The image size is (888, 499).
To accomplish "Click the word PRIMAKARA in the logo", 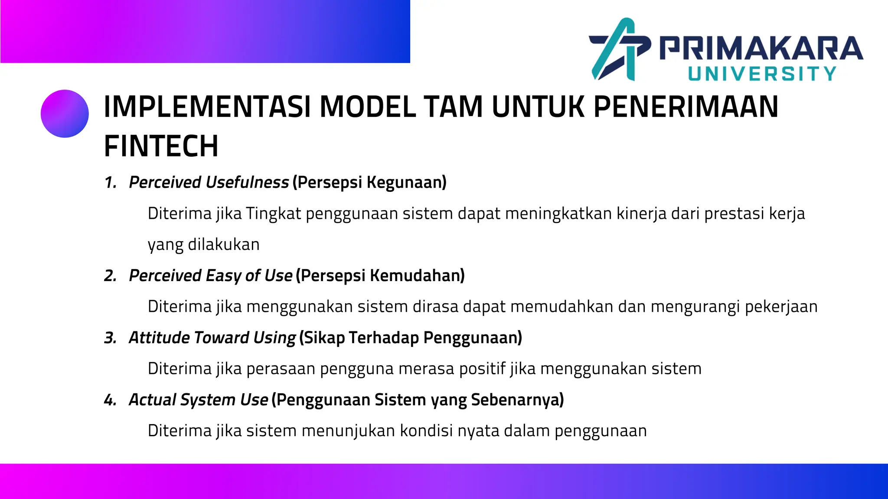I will (761, 48).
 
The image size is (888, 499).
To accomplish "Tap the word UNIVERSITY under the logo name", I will (762, 74).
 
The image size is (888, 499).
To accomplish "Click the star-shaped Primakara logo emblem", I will (619, 49).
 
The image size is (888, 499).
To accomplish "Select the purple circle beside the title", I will (65, 113).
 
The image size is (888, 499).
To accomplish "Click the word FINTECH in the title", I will (161, 146).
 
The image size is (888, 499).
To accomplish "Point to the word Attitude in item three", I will (159, 338).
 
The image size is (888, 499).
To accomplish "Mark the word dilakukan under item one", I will (224, 245).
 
